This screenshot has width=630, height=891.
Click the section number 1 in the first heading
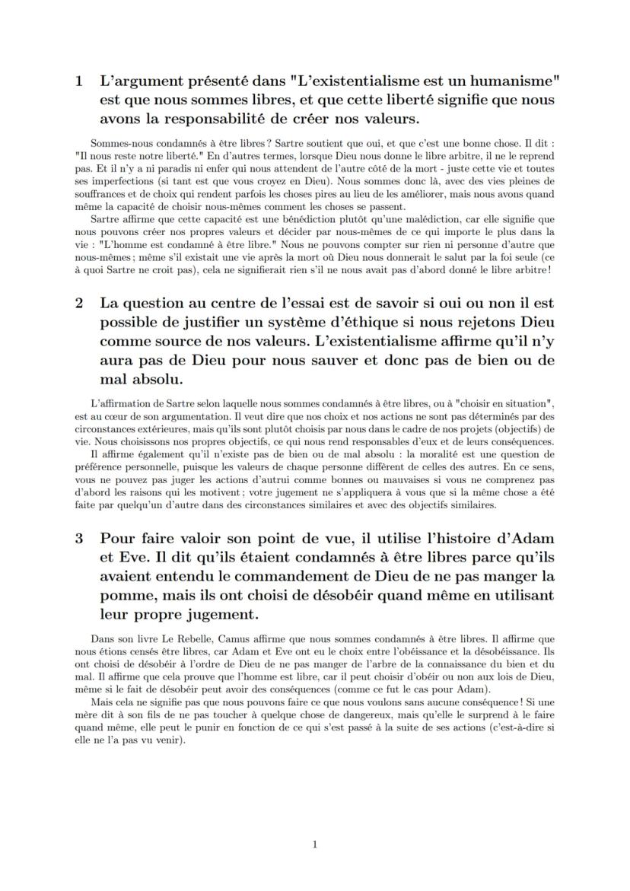pos(79,81)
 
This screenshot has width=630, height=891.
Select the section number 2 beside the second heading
pos(79,302)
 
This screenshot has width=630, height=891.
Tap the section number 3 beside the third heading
pos(79,539)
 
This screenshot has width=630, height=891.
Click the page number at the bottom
pos(315,844)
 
